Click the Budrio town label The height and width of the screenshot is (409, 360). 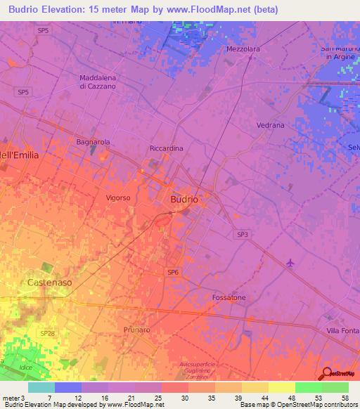pos(184,199)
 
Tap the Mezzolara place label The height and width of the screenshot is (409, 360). pos(243,49)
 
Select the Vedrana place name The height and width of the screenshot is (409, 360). pos(271,125)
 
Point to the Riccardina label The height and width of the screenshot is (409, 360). pos(167,148)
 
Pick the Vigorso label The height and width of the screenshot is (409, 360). pos(118,197)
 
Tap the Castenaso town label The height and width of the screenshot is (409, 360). pos(49,283)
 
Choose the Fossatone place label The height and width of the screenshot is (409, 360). pos(229,298)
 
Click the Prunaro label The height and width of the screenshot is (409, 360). pos(136,329)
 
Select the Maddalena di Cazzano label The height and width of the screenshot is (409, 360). pos(98,82)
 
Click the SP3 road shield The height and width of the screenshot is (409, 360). pos(242,235)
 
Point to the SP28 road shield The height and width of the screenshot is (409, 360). pos(46,332)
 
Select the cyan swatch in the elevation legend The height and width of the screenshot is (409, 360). pos(41,387)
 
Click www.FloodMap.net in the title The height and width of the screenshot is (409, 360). pos(218,10)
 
